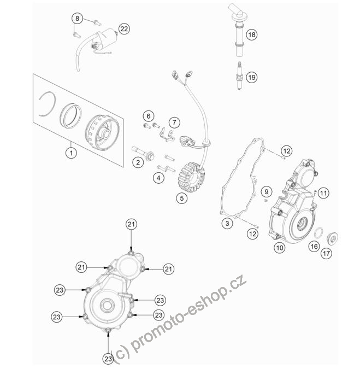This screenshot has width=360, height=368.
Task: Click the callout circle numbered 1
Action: tap(71, 153)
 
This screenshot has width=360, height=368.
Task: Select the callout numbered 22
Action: tap(124, 29)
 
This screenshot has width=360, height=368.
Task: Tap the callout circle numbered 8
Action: tap(78, 18)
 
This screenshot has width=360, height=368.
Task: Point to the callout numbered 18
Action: tap(252, 35)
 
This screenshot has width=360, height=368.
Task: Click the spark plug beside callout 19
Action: tap(239, 75)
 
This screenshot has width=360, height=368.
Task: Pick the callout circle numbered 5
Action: tap(182, 198)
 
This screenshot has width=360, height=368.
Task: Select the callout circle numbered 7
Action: tap(174, 122)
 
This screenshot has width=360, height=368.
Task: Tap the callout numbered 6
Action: tap(149, 116)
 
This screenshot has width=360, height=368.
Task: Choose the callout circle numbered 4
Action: tap(158, 178)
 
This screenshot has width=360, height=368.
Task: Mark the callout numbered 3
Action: tap(227, 223)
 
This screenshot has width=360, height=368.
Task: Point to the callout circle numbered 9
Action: tap(267, 192)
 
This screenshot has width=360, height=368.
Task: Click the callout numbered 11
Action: tap(323, 194)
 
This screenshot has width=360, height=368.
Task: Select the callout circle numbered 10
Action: tap(280, 248)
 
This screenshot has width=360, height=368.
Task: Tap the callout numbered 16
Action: tap(314, 247)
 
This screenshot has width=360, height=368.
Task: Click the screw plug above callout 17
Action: tap(332, 238)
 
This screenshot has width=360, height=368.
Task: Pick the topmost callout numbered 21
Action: tap(131, 224)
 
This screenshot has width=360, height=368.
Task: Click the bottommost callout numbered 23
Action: tap(108, 359)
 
